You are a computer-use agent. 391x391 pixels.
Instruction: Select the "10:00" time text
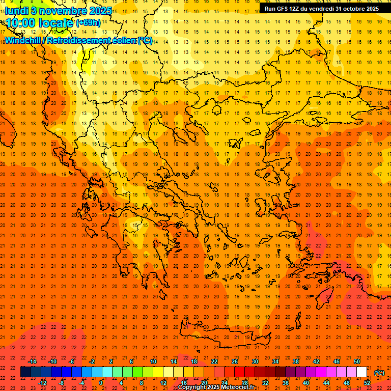[x=20, y=23]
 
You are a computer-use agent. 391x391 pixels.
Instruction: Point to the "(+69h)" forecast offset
[x=88, y=23]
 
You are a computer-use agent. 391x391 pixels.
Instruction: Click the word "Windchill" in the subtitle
[x=23, y=40]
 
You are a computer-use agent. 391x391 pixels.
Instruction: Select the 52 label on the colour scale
[x=367, y=383]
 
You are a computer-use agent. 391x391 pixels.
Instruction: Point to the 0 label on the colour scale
[x=101, y=383]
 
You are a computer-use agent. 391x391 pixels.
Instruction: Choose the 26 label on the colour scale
[x=235, y=361]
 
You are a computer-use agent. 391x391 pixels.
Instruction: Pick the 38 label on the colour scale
[x=296, y=361]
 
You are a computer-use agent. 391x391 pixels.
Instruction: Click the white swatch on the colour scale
[x=361, y=372]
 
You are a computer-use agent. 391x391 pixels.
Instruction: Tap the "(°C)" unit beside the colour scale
[x=379, y=373]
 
